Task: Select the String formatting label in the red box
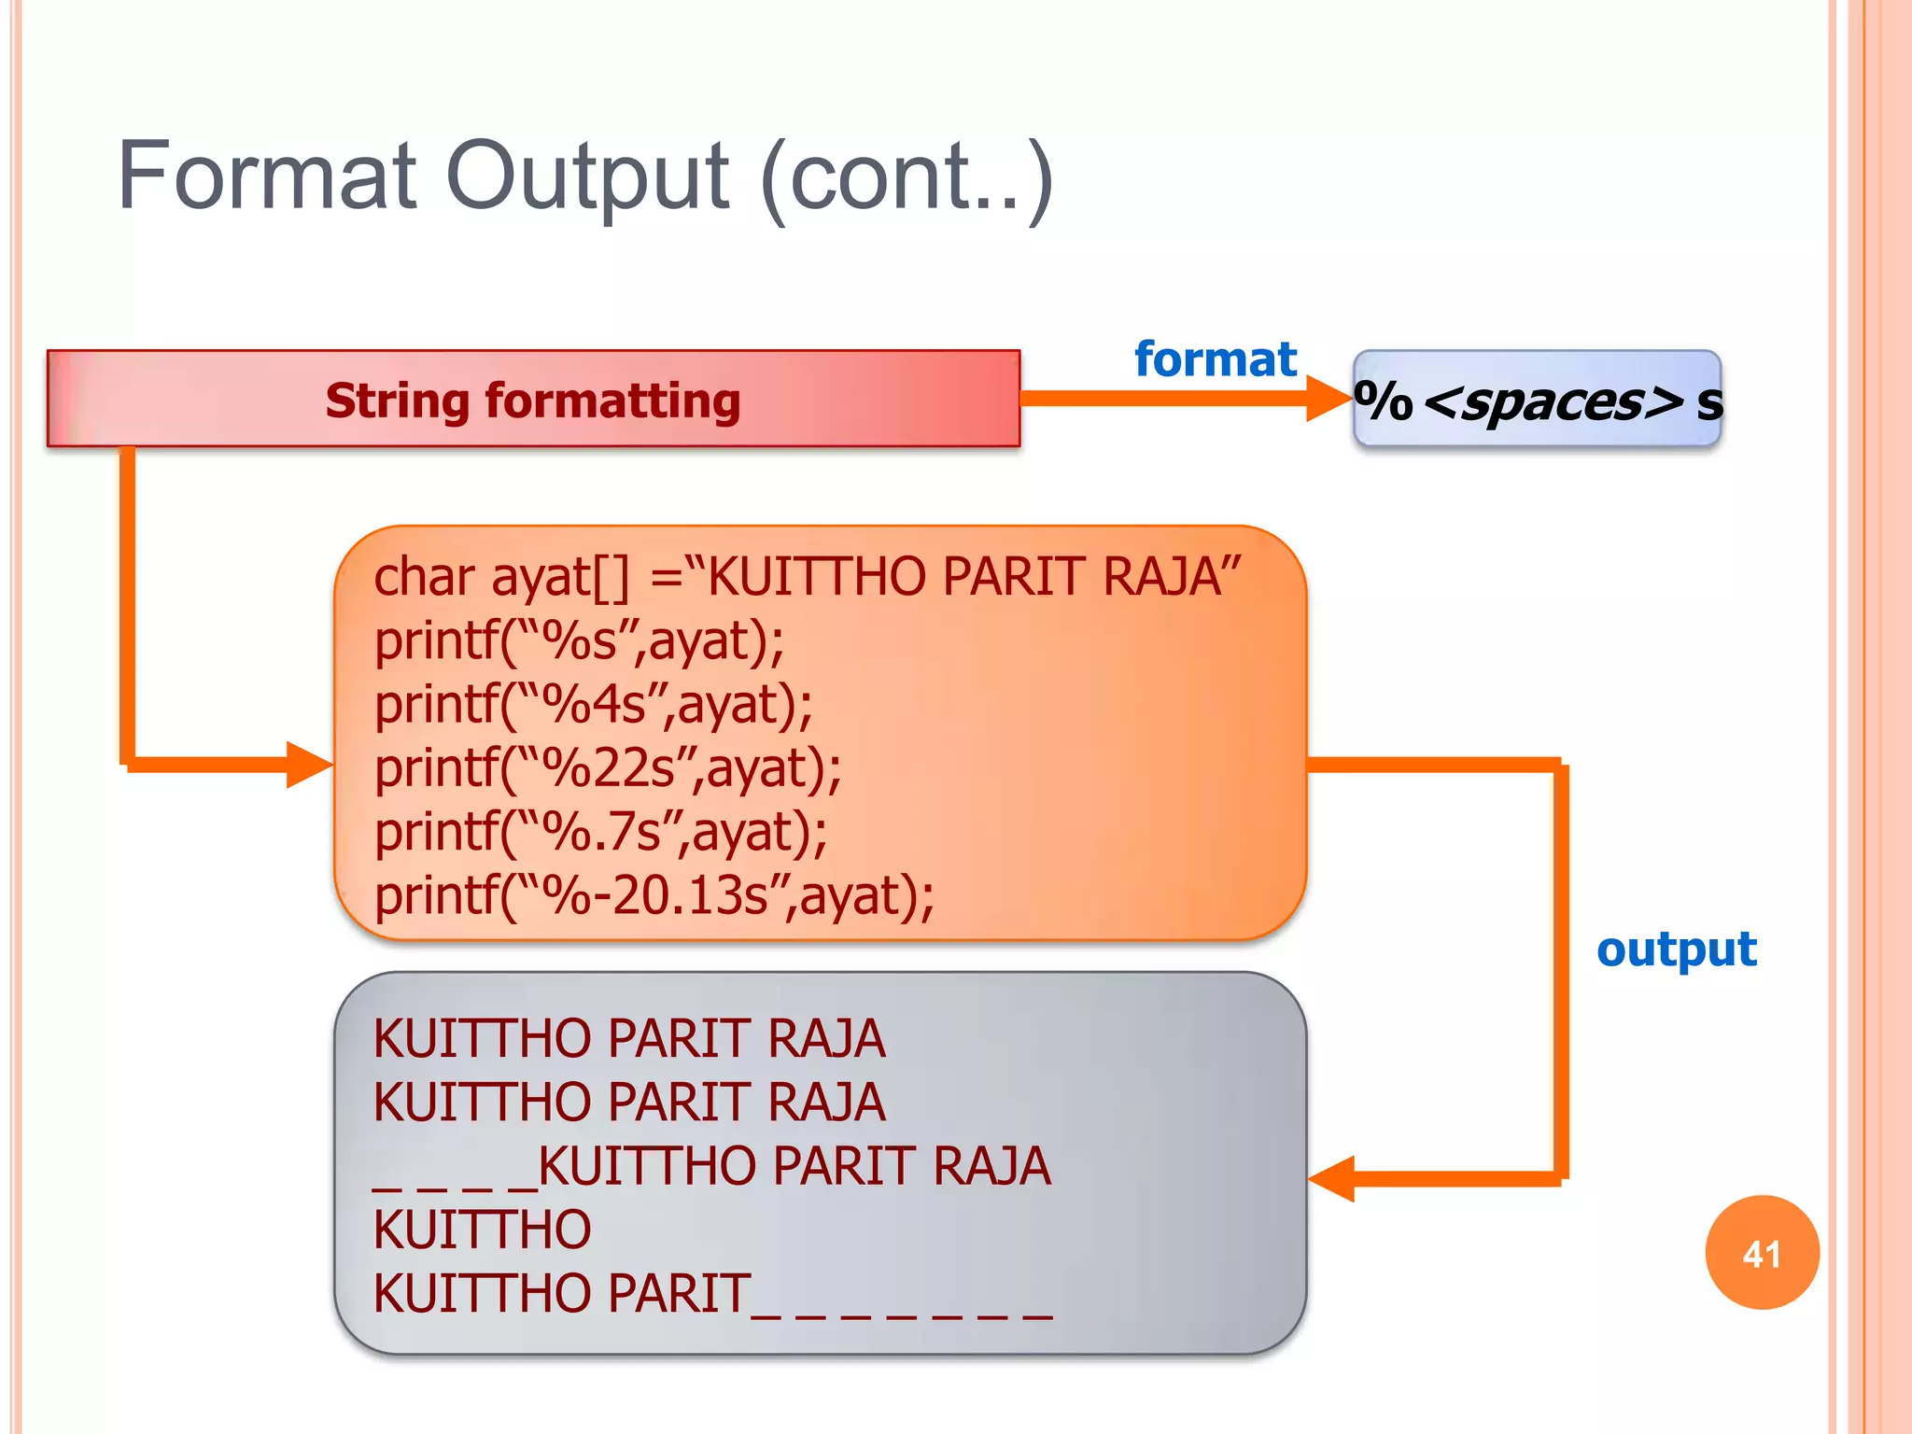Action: tap(533, 401)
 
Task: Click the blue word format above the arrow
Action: tap(1215, 359)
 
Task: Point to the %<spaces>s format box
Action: tap(1537, 401)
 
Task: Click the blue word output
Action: tap(1676, 950)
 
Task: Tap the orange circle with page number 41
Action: tap(1762, 1253)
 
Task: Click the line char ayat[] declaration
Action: tap(807, 577)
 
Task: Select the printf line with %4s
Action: tap(594, 704)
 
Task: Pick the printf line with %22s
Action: tap(608, 768)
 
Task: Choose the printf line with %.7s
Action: tap(600, 832)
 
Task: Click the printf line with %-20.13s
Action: tap(654, 895)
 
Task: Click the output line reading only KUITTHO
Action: tap(482, 1230)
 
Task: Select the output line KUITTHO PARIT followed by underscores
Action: tap(711, 1294)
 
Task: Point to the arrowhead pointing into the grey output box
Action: tap(1331, 1178)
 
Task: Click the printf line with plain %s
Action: tap(579, 641)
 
